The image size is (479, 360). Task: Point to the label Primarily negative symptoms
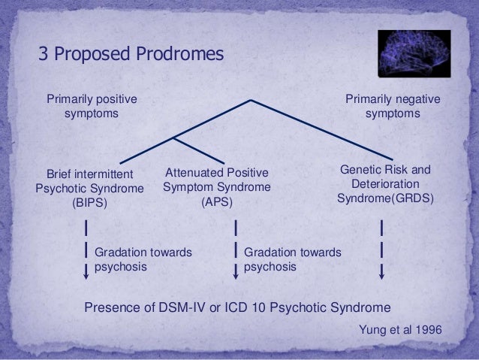pos(393,107)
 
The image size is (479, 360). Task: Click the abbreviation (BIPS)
pos(89,202)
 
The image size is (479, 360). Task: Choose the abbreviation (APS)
pos(216,201)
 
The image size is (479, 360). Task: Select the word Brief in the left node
pos(62,174)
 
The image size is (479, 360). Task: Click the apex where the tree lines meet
pos(251,100)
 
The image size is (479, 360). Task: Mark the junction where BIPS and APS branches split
pos(174,138)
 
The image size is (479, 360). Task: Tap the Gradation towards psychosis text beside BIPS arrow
pos(143,259)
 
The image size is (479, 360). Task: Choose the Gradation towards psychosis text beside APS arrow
pos(292,259)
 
